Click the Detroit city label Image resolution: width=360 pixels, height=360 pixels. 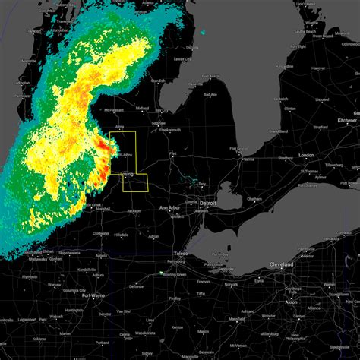[x=207, y=204]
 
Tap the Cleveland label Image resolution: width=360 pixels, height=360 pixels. [x=281, y=264]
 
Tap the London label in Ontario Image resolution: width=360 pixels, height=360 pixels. [x=308, y=156]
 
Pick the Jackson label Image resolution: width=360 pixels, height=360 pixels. [x=134, y=211]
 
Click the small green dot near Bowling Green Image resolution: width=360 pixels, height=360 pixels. [x=161, y=273]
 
